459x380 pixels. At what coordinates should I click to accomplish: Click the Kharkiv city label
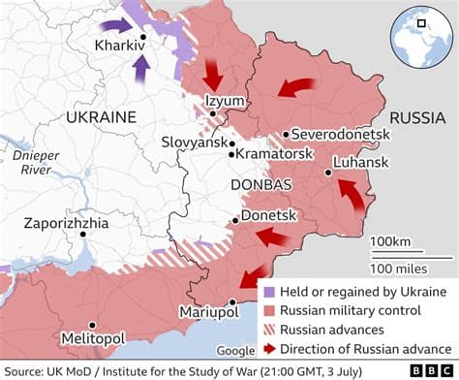tap(114, 46)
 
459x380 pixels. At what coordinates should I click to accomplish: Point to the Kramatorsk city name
tap(275, 153)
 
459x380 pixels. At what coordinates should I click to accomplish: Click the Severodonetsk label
tap(342, 133)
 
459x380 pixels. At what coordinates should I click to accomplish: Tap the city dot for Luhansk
tap(329, 174)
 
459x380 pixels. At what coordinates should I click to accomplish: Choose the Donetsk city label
tap(268, 214)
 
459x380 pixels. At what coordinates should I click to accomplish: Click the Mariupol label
tap(207, 311)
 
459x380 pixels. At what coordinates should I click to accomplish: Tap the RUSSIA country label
tap(418, 120)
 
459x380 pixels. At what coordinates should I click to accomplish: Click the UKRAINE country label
tap(101, 116)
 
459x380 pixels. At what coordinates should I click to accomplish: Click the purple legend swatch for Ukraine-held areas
tap(267, 292)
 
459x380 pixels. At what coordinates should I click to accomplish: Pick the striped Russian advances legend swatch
tap(267, 330)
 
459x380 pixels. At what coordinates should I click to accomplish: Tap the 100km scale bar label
tap(391, 240)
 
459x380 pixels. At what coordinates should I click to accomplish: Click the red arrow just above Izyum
tap(213, 75)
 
